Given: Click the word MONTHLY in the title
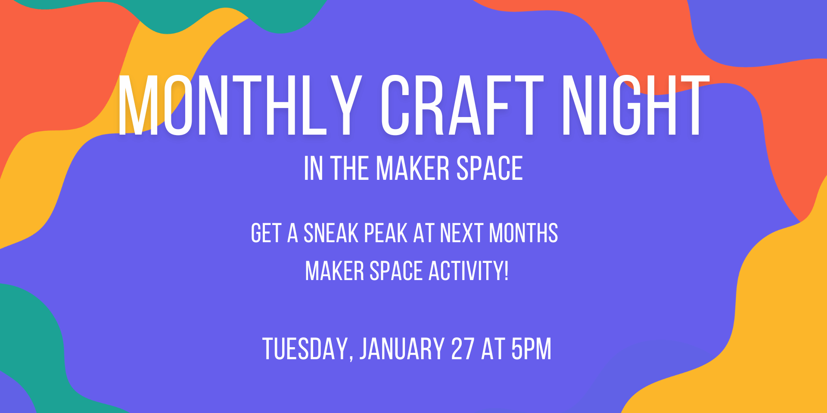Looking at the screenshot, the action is click(x=239, y=105).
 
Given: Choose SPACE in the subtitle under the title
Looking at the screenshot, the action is click(x=490, y=168).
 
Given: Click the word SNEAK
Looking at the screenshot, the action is click(x=331, y=233).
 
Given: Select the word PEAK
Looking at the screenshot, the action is click(x=386, y=233).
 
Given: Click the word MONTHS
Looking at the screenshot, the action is click(x=523, y=233).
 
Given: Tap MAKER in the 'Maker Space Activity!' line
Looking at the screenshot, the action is click(x=335, y=271).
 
